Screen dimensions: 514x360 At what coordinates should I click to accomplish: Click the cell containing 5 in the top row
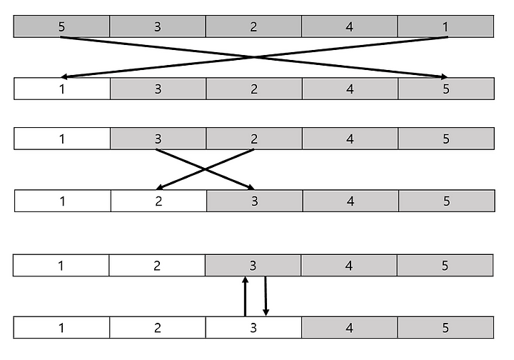tap(61, 27)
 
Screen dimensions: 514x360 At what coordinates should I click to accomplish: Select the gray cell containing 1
tap(445, 27)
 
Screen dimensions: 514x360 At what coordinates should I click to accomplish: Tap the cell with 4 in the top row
tap(349, 27)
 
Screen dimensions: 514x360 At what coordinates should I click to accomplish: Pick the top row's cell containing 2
tap(253, 27)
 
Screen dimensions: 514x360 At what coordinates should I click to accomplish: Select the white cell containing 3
tap(253, 329)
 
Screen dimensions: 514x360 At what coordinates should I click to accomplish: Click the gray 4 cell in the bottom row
tap(349, 329)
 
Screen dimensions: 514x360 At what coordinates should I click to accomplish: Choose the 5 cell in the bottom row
tap(445, 329)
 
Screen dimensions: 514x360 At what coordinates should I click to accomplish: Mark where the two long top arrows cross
tap(254, 57)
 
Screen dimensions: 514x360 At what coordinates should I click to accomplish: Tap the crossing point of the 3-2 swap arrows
tap(206, 169)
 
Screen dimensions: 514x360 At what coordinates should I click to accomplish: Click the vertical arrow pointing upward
tap(245, 296)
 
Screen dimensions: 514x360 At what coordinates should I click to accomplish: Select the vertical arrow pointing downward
tap(266, 296)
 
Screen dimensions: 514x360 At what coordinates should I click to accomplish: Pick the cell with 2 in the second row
tap(253, 89)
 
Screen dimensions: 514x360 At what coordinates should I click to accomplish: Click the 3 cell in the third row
tap(158, 139)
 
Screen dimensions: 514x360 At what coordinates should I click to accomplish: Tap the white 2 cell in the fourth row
tap(158, 201)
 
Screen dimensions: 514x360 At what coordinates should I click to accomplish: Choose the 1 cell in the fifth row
tap(61, 266)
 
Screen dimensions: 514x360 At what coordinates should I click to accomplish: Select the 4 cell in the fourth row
tap(350, 201)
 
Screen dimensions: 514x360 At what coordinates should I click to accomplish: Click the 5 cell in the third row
tap(445, 139)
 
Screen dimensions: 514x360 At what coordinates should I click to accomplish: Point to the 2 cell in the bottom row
tap(158, 329)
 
